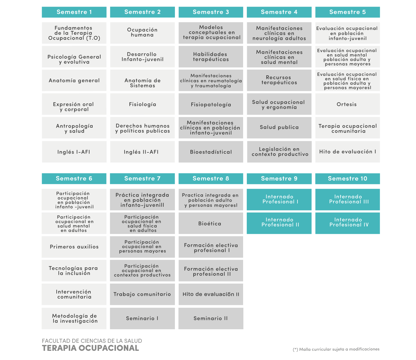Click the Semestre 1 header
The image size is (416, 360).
coord(74,12)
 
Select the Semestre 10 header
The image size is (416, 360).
coord(347,179)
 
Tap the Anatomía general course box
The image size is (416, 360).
coord(74,81)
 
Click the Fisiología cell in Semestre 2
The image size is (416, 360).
coord(142,104)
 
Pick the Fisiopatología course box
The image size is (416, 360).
coord(211,104)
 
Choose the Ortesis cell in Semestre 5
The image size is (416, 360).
coord(347,104)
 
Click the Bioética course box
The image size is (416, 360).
coord(211,223)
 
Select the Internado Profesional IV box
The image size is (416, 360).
coord(347,223)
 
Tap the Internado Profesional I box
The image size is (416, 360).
coord(279,200)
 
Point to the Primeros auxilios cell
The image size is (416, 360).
coord(74,247)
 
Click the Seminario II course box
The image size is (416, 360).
coord(211,318)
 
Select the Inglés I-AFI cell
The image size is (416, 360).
coord(74,152)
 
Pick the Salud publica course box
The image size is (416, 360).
coord(279,128)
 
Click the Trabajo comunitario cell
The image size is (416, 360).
coord(142,294)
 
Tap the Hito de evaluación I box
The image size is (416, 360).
coord(347,152)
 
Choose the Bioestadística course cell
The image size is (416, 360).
coord(211,152)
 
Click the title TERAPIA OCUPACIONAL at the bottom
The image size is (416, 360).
coord(90,348)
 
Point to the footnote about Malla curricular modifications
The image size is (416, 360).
coord(336,349)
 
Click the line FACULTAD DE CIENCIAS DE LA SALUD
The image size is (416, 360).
coord(92,341)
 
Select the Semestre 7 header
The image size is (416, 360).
coord(142,179)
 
